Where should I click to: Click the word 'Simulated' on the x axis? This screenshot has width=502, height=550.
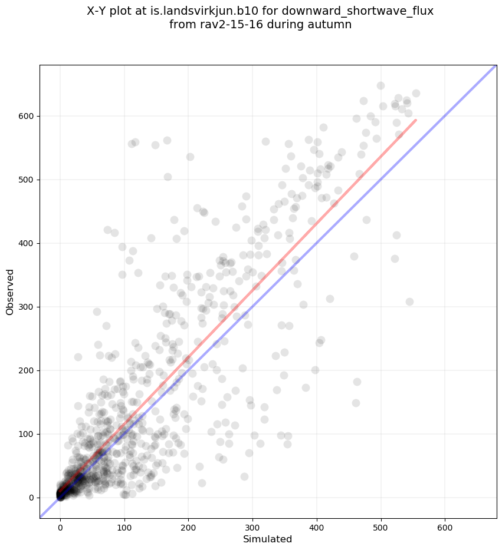pos(268,539)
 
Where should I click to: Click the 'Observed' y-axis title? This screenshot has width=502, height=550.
pos(10,291)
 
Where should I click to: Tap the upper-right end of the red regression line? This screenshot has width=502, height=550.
pos(416,120)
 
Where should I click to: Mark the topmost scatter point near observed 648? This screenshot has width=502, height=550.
pos(380,85)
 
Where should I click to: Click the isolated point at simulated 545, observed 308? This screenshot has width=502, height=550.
pos(409,301)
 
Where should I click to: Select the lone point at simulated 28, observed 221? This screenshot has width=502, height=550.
pos(78,357)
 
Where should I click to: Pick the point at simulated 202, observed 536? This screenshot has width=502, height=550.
pos(190,157)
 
